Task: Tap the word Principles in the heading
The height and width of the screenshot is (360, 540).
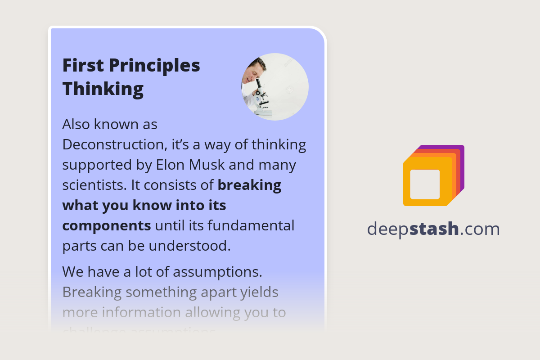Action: [155, 66]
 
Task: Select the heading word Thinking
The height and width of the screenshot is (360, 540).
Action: [103, 88]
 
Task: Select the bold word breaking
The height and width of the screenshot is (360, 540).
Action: [249, 185]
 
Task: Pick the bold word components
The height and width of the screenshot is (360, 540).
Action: [106, 225]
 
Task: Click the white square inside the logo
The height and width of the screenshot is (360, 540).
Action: [425, 184]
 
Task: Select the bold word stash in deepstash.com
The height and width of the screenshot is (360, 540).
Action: [434, 229]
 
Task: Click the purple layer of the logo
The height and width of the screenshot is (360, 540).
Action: [461, 153]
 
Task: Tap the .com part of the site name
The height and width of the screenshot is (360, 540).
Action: [480, 229]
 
